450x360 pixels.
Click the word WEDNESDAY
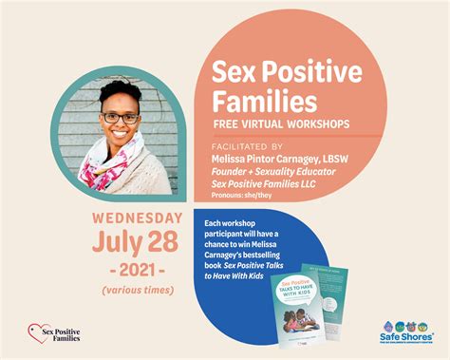pos(142,216)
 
